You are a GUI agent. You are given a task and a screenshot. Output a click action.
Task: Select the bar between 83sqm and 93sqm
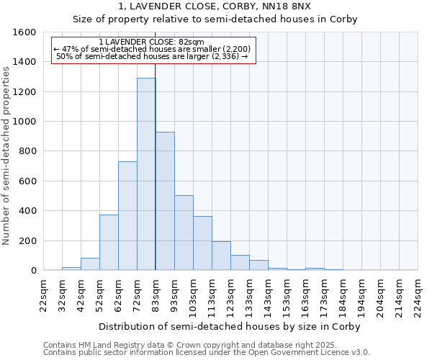(x=165, y=201)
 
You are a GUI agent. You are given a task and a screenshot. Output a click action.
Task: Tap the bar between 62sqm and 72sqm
(x=127, y=216)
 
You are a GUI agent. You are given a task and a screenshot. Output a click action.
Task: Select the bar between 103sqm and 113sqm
(x=202, y=243)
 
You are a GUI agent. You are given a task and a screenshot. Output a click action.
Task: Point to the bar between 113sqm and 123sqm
(x=221, y=256)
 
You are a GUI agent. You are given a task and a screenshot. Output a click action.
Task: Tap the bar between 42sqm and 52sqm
(x=90, y=264)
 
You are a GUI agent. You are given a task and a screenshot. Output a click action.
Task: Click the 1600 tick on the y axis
(x=24, y=32)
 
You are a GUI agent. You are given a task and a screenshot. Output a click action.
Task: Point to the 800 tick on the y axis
(x=27, y=151)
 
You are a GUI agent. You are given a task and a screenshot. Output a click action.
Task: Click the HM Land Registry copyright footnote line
(x=205, y=345)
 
